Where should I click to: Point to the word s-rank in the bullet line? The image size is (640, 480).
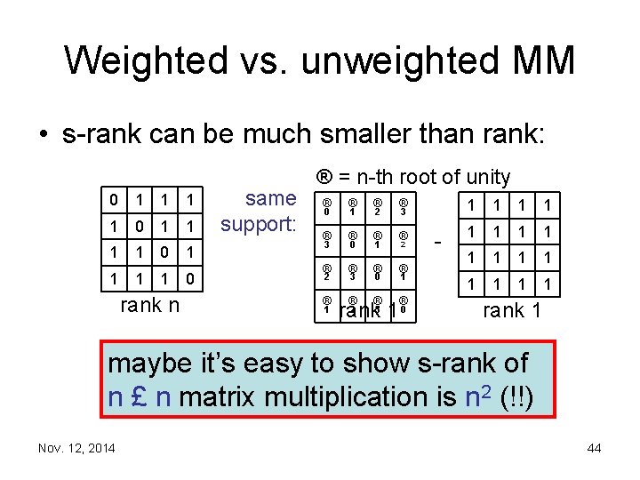105,135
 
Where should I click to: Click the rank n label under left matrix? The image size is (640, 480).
149,306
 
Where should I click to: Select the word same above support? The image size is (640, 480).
270,197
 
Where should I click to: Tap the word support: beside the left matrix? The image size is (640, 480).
259,224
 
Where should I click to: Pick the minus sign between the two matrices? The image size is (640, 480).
437,241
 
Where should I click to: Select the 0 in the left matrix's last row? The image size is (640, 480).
188,280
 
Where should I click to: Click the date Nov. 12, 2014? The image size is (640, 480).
76,448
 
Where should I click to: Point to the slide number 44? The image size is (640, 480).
594,448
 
